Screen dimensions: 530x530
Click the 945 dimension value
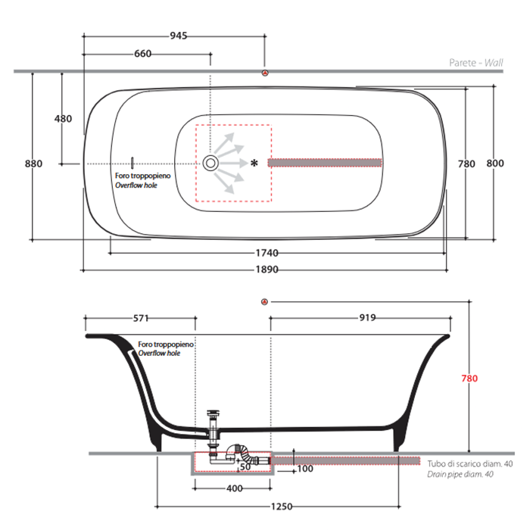[179, 36]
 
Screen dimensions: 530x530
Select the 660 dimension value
[142, 54]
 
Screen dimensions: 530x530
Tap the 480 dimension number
[63, 119]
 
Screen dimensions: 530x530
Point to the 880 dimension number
[34, 164]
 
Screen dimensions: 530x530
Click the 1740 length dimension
[267, 253]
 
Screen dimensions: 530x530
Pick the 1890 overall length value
[267, 270]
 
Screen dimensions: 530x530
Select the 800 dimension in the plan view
[495, 164]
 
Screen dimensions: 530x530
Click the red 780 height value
[469, 379]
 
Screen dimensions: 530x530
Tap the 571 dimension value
[141, 319]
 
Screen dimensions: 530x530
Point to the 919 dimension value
[367, 318]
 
